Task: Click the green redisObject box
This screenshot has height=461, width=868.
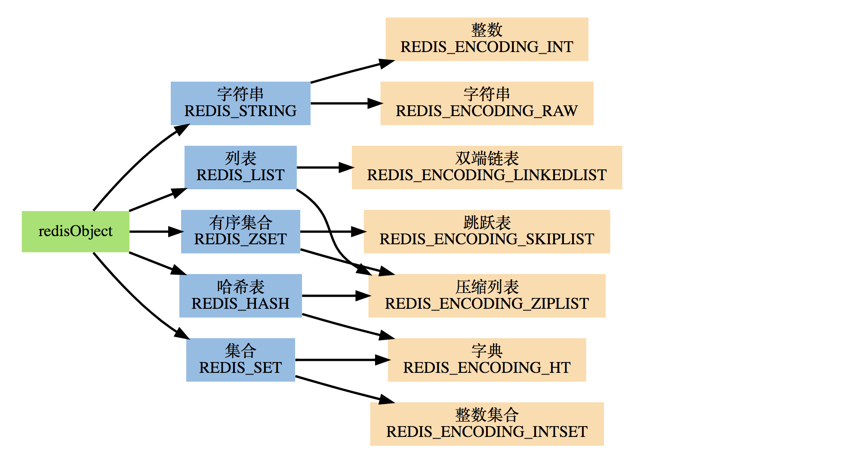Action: pyautogui.click(x=75, y=231)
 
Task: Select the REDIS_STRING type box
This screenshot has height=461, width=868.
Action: pyautogui.click(x=240, y=103)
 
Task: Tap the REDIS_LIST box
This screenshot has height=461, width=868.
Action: pyautogui.click(x=240, y=167)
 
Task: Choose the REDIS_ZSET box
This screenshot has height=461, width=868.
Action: pyautogui.click(x=240, y=231)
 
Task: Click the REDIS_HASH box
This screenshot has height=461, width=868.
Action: pyautogui.click(x=240, y=295)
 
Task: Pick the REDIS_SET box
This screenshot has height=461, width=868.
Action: pyautogui.click(x=240, y=360)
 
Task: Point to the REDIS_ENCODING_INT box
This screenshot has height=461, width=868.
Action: pyautogui.click(x=486, y=39)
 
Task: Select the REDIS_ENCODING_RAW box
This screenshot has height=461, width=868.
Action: pyautogui.click(x=486, y=103)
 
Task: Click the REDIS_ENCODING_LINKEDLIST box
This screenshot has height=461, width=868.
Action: pyautogui.click(x=486, y=167)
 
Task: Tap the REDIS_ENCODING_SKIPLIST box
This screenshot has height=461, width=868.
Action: pyautogui.click(x=486, y=231)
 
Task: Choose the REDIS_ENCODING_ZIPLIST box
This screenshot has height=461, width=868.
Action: pyautogui.click(x=486, y=295)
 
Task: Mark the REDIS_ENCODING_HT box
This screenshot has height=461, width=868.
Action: pyautogui.click(x=486, y=360)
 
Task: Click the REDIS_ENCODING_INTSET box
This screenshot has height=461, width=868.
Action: pyautogui.click(x=486, y=424)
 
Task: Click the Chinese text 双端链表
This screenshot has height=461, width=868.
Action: pyautogui.click(x=487, y=159)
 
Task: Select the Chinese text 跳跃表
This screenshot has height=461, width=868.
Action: pyautogui.click(x=487, y=223)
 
